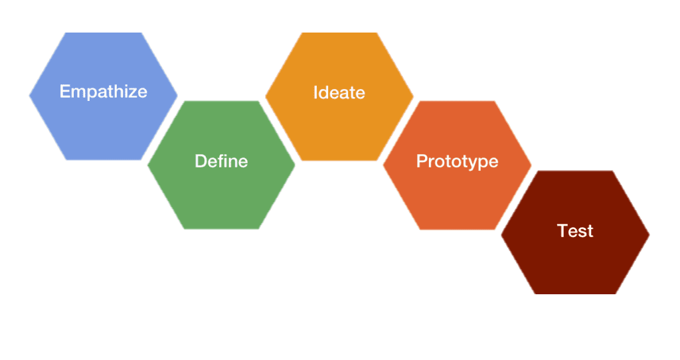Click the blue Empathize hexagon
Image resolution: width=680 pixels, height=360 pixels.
tap(103, 96)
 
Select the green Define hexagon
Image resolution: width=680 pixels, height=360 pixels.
tap(221, 165)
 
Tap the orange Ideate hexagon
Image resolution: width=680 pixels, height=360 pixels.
tap(339, 96)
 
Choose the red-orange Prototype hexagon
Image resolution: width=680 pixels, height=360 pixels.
tap(457, 165)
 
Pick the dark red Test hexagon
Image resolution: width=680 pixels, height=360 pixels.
tap(575, 232)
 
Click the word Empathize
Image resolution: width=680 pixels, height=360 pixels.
tap(103, 92)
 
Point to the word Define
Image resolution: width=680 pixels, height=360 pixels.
tap(221, 161)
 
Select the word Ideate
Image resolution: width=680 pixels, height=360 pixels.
tap(339, 92)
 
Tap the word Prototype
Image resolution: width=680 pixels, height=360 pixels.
tap(457, 162)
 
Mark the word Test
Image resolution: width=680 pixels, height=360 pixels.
tap(575, 230)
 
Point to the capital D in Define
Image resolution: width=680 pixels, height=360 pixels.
tap(201, 161)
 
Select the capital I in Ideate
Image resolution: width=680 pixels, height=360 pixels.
tap(315, 92)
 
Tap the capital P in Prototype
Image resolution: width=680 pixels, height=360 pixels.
tap(422, 161)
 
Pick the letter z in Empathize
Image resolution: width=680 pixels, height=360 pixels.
tap(132, 93)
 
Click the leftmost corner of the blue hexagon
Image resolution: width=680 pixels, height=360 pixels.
tap(29, 96)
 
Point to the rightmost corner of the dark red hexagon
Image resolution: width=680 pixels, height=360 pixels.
tap(649, 234)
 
